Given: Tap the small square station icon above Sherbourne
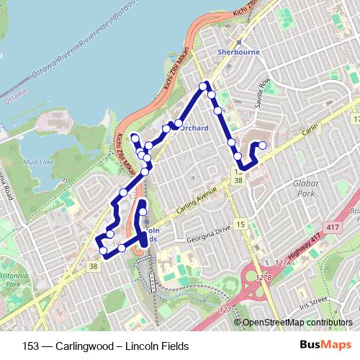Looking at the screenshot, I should click(238, 42).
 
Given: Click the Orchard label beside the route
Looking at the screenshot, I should click(194, 128).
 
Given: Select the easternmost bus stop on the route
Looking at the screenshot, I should click(263, 145).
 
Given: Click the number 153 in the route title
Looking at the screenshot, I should click(32, 346).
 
